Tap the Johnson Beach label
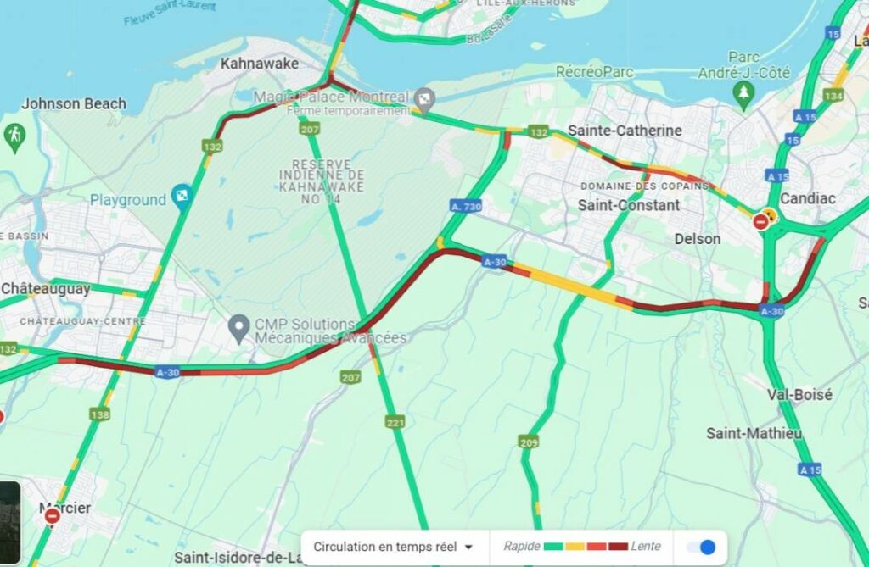click(x=74, y=103)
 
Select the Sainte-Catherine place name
click(x=625, y=131)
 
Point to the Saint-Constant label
click(x=629, y=205)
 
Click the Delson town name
click(x=698, y=239)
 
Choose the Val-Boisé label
click(x=799, y=395)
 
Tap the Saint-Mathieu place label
click(x=754, y=433)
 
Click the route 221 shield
click(x=395, y=422)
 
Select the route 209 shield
click(x=529, y=442)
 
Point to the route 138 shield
click(x=100, y=414)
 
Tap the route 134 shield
click(x=833, y=96)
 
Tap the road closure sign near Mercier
click(x=52, y=516)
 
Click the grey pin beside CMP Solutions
click(x=241, y=326)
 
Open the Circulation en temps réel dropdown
click(x=393, y=547)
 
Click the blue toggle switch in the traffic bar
click(x=701, y=547)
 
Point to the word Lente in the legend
click(x=646, y=547)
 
